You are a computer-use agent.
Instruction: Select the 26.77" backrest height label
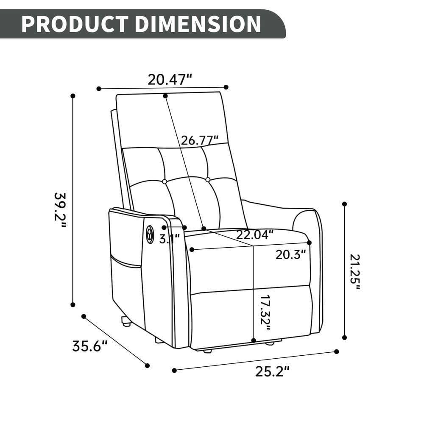click(200, 140)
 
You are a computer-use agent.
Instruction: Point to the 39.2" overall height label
click(61, 210)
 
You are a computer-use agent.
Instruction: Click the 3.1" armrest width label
click(170, 239)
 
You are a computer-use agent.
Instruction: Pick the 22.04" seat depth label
click(255, 234)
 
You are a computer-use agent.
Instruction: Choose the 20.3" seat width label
click(290, 254)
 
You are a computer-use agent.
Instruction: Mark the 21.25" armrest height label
click(355, 272)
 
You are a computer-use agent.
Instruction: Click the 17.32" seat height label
click(265, 313)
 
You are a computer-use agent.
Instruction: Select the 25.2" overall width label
click(272, 371)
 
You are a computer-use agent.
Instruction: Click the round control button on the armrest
click(150, 233)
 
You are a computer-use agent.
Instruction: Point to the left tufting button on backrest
click(165, 181)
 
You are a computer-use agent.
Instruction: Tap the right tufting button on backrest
click(208, 180)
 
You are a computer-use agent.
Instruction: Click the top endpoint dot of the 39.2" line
click(73, 96)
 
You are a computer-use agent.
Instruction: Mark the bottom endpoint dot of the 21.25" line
click(344, 338)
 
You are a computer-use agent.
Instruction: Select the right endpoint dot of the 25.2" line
click(337, 351)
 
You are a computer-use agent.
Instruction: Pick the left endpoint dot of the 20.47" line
click(99, 89)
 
